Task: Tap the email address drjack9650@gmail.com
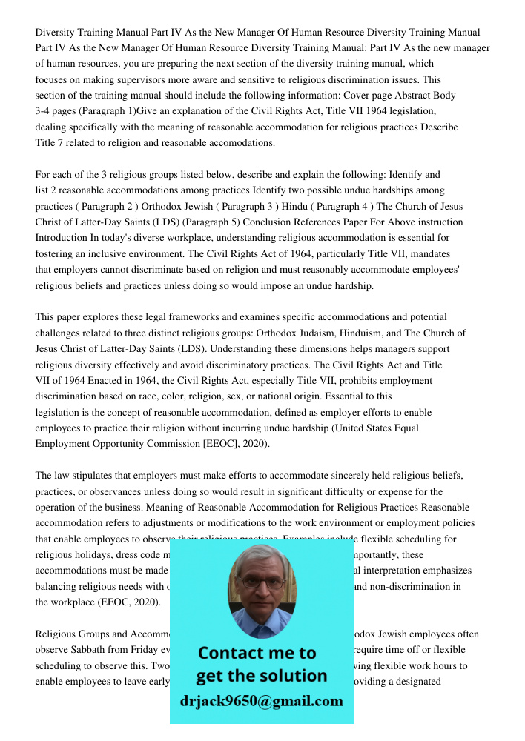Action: (261, 701)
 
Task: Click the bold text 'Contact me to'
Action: (257, 653)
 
